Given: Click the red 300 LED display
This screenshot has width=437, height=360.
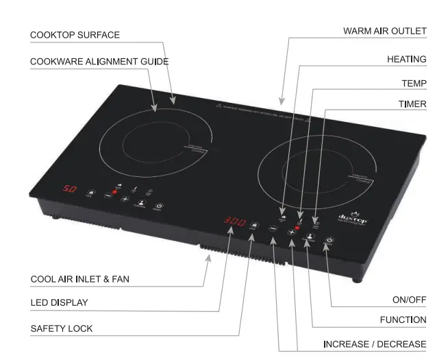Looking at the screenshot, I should pos(234,222).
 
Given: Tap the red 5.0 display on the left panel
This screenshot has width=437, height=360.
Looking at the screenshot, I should pos(70,188).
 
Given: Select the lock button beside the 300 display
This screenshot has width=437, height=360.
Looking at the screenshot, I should pos(254,225).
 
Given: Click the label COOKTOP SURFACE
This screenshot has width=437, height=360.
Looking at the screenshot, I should pos(75,35).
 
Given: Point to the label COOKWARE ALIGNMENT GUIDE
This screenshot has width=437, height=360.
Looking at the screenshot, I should pos(99,62).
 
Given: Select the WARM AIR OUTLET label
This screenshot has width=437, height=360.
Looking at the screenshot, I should pos(384,31).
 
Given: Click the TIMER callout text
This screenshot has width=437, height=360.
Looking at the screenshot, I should pos(412,104).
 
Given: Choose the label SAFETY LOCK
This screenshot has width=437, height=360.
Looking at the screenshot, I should pos(62,328).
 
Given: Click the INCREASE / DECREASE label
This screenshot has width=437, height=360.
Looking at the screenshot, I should pos(375,344).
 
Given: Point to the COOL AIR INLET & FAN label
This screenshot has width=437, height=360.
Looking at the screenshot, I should pos(80,279).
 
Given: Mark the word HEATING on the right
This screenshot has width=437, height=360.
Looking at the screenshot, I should pos(406,59).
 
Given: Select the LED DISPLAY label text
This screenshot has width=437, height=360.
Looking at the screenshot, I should pos(59,302).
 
